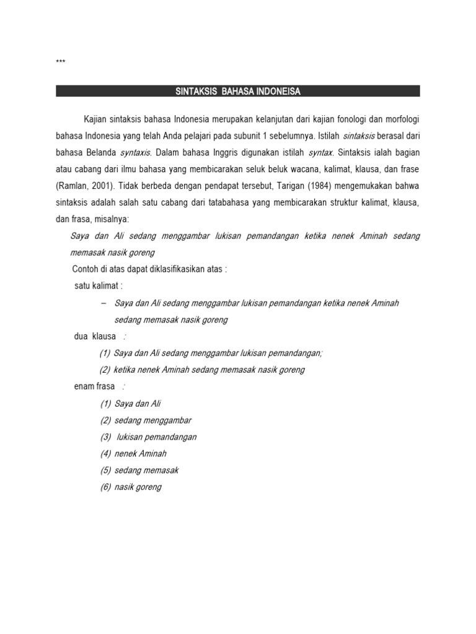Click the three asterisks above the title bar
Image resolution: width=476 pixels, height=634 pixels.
click(60, 63)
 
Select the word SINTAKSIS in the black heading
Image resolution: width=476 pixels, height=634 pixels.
click(193, 92)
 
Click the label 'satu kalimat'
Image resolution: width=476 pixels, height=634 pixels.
click(99, 286)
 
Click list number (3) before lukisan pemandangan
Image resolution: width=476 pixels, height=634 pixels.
click(105, 437)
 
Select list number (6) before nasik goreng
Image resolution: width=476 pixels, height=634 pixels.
click(105, 487)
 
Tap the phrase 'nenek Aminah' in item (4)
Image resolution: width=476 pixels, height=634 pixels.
click(141, 454)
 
